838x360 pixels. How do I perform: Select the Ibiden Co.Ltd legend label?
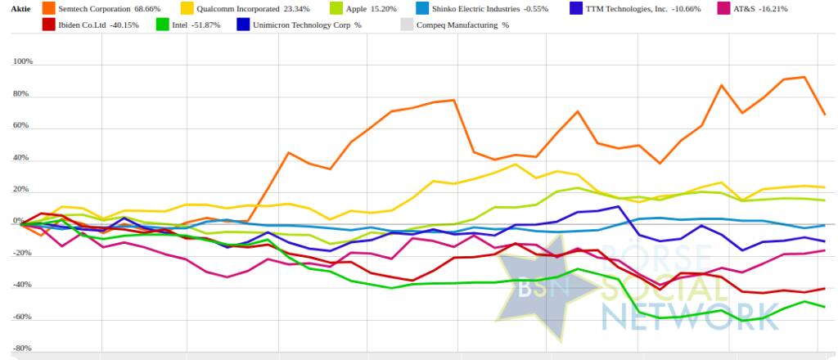click(x=89, y=25)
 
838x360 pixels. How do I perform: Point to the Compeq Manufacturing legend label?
click(x=457, y=25)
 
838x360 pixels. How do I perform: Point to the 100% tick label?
click(x=22, y=62)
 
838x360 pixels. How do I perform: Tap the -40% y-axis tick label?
click(x=22, y=286)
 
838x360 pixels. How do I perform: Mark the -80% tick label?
click(x=22, y=349)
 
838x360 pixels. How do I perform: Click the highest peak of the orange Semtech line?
click(x=804, y=78)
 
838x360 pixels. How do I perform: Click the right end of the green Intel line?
click(x=823, y=307)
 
